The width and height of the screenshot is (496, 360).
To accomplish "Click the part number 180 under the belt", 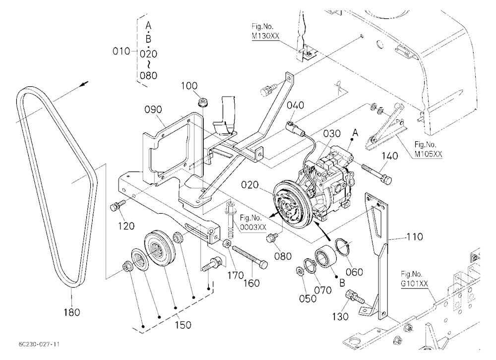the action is pos(72,312).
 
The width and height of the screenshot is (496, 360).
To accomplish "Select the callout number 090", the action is pos(153,110).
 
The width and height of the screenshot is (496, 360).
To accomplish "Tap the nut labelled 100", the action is pos(201,102).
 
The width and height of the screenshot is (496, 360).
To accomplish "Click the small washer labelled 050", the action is pos(299,271).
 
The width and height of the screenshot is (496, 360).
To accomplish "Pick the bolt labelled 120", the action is pos(117,205).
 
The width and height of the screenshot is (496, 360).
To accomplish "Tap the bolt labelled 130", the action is pos(354,296).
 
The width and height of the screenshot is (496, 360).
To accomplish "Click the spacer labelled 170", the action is pos(227,244).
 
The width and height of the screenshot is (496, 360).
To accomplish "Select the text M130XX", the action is pos(265,36).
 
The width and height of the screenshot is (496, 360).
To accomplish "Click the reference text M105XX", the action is pos(429,154).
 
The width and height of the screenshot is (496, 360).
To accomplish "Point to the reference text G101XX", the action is pos(414,284).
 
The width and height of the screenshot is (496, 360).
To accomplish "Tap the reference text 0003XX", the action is pos(253,227).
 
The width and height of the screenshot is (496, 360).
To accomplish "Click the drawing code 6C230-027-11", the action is pos(39,344).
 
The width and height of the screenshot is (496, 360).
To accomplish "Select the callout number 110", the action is pos(414,237).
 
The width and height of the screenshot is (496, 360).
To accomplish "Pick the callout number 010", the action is pos(122,51).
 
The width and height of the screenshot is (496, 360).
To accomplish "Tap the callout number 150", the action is pos(183,325).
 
